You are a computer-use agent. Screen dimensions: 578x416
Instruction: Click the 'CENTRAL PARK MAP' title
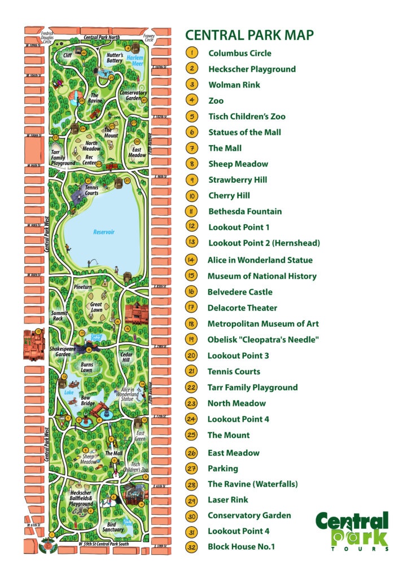[249, 35]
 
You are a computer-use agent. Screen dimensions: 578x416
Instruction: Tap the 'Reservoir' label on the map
[104, 232]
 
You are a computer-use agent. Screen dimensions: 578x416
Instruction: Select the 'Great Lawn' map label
[97, 308]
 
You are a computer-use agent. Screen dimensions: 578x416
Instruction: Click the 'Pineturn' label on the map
[82, 287]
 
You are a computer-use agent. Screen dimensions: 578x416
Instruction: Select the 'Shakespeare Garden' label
[63, 351]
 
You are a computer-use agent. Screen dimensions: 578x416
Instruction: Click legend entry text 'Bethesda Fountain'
[245, 211]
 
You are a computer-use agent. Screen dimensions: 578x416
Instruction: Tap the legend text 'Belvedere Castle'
[240, 292]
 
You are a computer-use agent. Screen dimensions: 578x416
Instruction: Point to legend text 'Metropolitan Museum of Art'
[263, 323]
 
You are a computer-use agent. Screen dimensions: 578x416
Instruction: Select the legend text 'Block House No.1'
[241, 546]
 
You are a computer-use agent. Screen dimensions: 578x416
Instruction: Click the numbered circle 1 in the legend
[192, 53]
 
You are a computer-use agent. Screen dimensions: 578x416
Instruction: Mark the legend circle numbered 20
[192, 356]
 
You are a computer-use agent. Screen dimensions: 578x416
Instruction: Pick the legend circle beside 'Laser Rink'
[192, 500]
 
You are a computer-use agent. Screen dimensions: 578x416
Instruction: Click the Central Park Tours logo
[353, 531]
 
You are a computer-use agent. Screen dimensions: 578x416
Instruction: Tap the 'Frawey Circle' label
[149, 37]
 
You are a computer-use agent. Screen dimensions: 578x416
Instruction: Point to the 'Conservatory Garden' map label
[133, 95]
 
